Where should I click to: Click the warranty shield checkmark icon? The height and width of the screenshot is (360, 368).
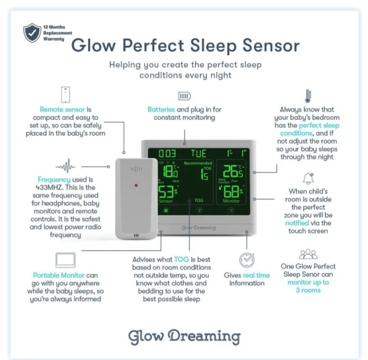(x=32, y=33)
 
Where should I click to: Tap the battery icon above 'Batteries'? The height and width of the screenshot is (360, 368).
(x=185, y=96)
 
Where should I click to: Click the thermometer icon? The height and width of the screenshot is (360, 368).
(x=308, y=96)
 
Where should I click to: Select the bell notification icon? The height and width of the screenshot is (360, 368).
(x=308, y=178)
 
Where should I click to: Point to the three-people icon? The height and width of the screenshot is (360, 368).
(x=308, y=254)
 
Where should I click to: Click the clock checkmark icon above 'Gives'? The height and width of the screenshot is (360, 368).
(x=247, y=260)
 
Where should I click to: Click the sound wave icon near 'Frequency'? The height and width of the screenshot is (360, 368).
(x=65, y=167)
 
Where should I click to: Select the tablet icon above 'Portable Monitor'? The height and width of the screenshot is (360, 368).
(x=65, y=260)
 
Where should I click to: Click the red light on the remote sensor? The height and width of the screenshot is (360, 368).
(x=136, y=185)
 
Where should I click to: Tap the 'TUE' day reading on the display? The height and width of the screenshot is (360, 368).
(x=198, y=154)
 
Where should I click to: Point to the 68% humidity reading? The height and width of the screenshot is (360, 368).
(x=232, y=192)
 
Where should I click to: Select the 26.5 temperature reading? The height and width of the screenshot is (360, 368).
(x=233, y=172)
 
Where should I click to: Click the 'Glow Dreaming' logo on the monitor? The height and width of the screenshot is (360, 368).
(x=199, y=228)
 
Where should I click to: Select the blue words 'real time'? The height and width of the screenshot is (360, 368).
(x=256, y=275)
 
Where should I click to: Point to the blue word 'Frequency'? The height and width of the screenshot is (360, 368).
(x=54, y=179)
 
